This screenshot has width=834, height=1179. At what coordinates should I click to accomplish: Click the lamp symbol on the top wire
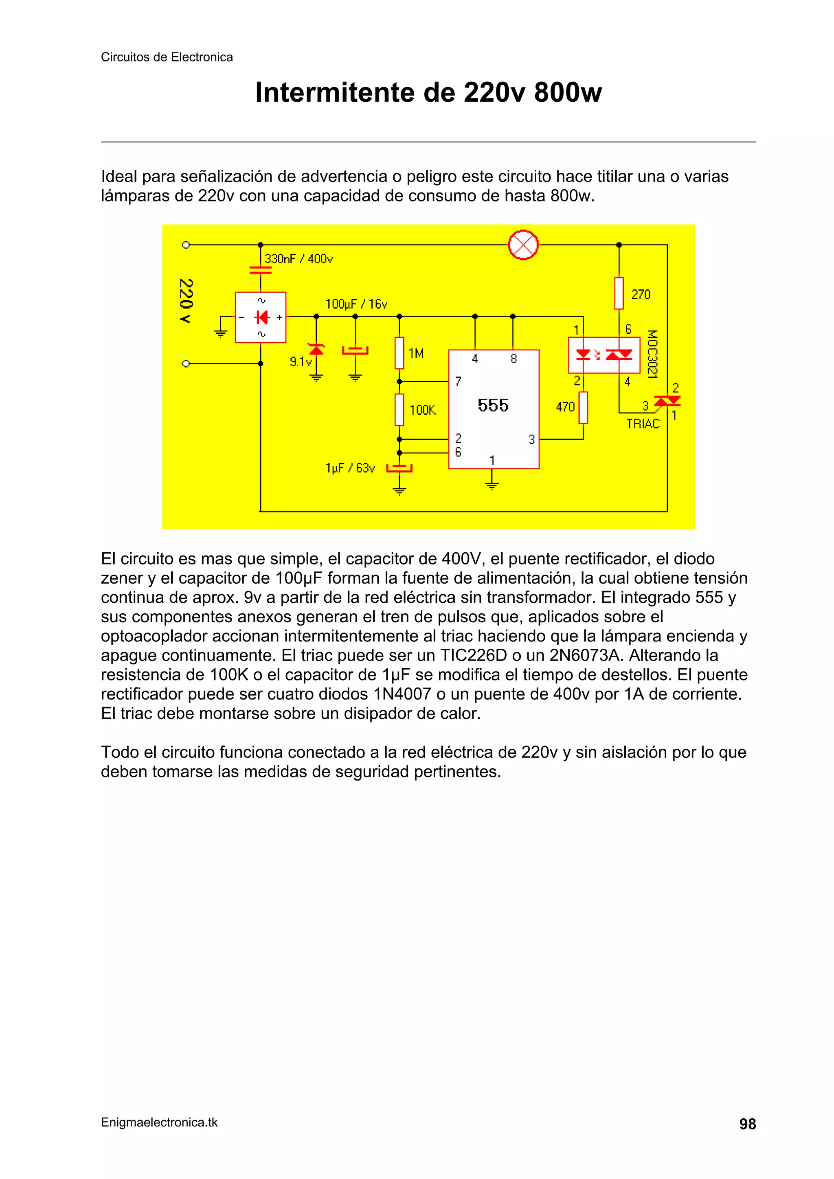tap(523, 245)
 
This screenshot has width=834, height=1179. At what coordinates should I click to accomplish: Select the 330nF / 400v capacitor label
tap(298, 259)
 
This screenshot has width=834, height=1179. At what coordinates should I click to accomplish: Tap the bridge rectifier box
tap(261, 317)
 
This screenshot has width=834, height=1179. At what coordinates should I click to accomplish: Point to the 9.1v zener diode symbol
tap(316, 350)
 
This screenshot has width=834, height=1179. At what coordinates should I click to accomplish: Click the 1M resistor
tap(399, 353)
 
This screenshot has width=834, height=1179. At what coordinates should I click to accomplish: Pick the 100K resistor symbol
tap(399, 410)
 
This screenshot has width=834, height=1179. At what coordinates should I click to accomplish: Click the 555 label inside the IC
tap(493, 405)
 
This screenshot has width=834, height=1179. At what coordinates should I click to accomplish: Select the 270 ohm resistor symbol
tap(619, 293)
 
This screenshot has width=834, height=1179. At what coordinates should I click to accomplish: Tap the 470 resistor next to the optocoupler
tap(583, 408)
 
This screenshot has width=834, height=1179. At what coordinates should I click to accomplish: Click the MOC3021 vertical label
tap(652, 354)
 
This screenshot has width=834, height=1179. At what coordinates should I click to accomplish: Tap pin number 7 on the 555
tap(458, 381)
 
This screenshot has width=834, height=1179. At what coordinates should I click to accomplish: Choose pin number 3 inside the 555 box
tap(532, 440)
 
